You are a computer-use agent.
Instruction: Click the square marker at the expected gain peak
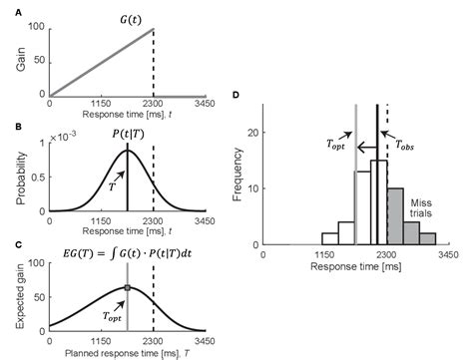127,288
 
